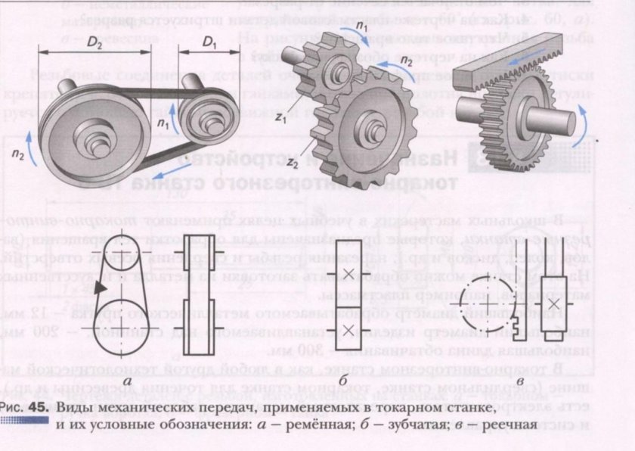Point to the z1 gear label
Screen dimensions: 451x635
(x=279, y=120)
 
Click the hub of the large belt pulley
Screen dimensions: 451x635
(x=97, y=135)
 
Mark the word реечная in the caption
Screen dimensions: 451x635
(x=510, y=424)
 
